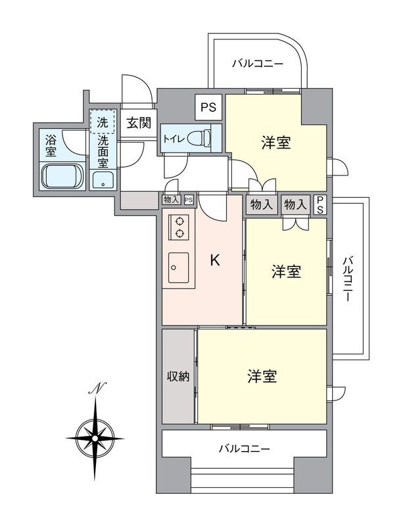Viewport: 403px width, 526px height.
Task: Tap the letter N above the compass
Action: tap(96, 390)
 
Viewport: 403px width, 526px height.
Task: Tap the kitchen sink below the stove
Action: tap(178, 268)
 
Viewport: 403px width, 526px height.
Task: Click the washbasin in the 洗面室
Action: tap(104, 181)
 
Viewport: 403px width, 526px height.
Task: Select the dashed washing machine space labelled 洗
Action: tap(103, 121)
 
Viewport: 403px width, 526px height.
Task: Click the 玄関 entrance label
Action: tap(137, 122)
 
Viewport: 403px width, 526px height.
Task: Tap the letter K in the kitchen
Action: tap(214, 261)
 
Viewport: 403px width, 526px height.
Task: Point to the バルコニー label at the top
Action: tap(258, 64)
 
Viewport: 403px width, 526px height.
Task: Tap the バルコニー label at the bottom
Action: tap(245, 449)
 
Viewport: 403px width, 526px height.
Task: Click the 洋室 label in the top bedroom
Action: tap(276, 143)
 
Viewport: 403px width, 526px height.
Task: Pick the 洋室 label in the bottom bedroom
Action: tap(262, 377)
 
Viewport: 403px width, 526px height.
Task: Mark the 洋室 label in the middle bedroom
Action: tap(286, 272)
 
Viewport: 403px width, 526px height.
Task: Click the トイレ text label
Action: tap(173, 139)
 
